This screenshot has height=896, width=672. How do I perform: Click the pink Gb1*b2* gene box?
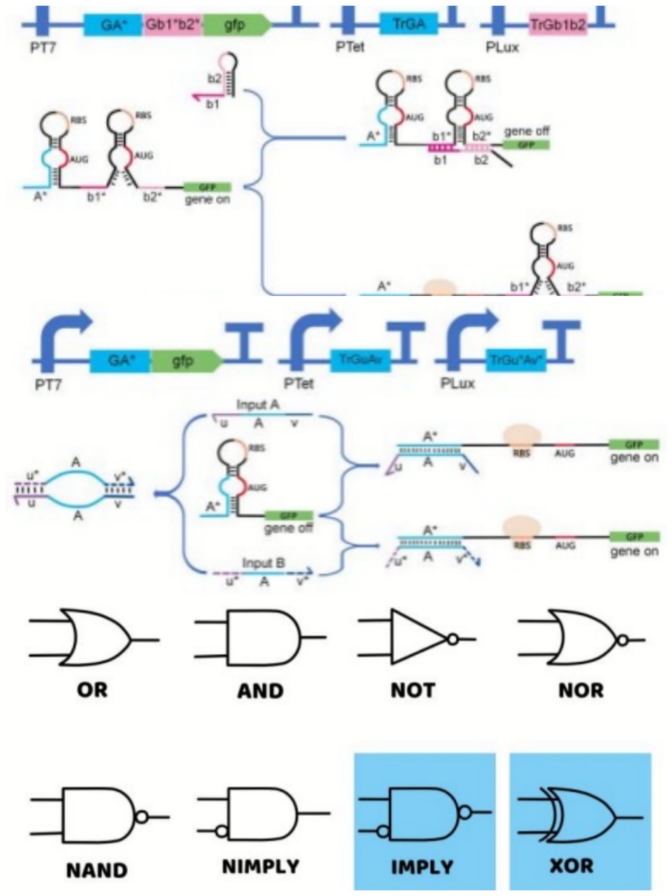(172, 24)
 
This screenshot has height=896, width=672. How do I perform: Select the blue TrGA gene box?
(408, 23)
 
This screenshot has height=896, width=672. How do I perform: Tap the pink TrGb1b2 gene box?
(558, 24)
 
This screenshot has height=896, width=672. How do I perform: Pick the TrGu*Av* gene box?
(515, 361)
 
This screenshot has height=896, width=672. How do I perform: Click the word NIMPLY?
(261, 867)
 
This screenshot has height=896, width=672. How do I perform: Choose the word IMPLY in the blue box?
(422, 867)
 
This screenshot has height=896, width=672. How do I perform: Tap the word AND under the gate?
(260, 691)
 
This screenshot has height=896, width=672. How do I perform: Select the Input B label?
(263, 563)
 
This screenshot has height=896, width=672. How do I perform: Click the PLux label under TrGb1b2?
(502, 48)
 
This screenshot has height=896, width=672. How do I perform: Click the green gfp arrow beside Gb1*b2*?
(236, 24)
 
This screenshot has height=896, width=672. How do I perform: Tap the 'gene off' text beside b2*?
(527, 131)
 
